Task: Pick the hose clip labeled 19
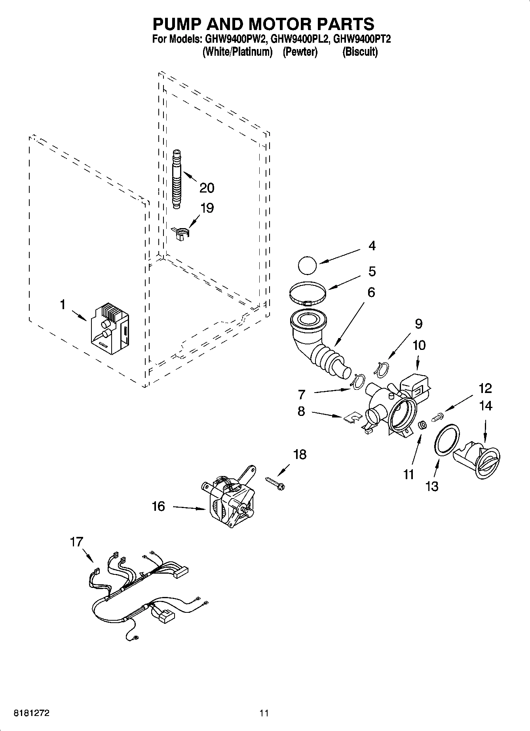[x=182, y=233]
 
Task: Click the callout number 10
[x=419, y=345]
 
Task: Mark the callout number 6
[x=371, y=293]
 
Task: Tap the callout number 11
[x=408, y=474]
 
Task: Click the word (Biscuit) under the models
[x=360, y=52]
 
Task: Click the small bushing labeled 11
[x=422, y=426]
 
